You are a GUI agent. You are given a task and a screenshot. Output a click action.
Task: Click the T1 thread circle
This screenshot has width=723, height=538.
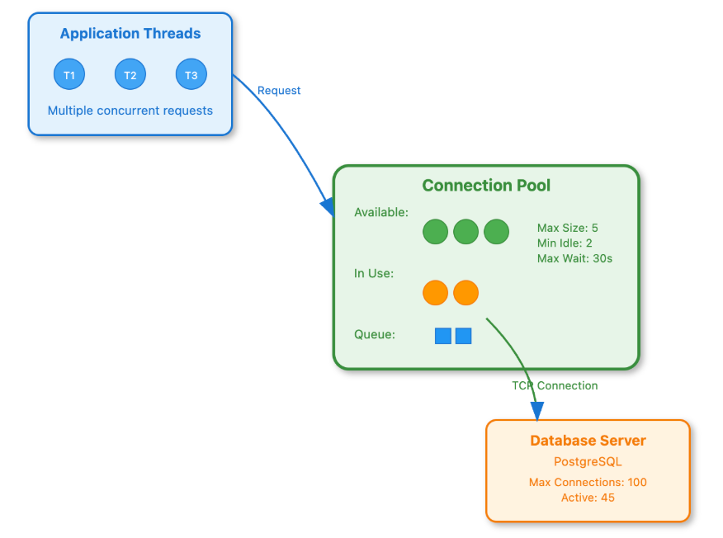[69, 75]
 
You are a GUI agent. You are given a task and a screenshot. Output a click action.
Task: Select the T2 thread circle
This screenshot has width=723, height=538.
[130, 75]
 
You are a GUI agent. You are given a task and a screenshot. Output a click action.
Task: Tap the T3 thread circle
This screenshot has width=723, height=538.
[191, 75]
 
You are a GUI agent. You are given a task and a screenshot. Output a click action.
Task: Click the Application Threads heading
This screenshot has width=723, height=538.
[130, 34]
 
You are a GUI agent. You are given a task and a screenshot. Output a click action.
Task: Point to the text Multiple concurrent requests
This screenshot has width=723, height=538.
[130, 111]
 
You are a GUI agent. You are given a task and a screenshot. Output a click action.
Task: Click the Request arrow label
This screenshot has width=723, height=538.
[279, 91]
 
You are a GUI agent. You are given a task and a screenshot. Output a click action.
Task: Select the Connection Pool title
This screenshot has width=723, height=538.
[486, 186]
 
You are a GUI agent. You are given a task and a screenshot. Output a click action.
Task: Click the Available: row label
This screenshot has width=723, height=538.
[381, 212]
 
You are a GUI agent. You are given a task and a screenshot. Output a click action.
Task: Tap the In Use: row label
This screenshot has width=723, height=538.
[374, 273]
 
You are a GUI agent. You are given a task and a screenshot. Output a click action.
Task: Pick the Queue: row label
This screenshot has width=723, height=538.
[375, 334]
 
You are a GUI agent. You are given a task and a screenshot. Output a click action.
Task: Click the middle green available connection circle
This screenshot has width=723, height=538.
[466, 232]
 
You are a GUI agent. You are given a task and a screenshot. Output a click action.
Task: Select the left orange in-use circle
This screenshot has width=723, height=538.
[435, 292]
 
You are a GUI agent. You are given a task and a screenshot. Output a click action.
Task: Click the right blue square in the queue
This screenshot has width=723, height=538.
[463, 336]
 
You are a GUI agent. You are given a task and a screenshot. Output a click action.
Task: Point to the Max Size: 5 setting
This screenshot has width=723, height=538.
[568, 228]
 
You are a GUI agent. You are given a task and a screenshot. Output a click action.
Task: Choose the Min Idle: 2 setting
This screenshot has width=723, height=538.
[565, 243]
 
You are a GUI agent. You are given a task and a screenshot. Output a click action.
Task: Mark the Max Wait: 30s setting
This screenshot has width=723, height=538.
[574, 258]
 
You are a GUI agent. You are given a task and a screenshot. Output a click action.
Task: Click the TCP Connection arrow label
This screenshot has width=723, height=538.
[555, 385]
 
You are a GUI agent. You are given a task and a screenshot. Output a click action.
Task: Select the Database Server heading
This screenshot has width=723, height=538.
[588, 441]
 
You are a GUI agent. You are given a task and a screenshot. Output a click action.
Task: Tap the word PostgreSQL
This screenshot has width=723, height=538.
[588, 462]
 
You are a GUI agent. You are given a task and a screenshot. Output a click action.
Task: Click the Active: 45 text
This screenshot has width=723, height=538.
[588, 498]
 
